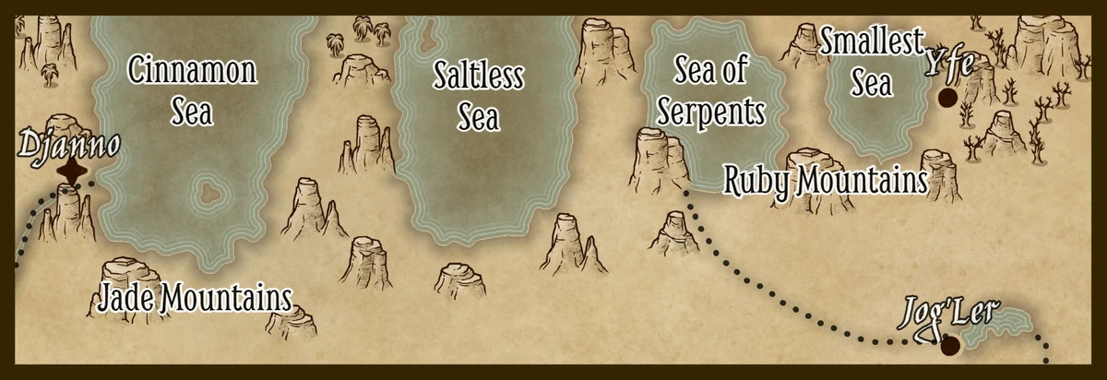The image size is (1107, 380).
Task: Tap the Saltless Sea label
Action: coord(478,97)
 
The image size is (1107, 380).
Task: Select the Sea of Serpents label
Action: coord(719,90)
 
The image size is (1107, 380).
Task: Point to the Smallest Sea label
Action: coord(872,62)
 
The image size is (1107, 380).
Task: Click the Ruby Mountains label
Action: coord(825,180)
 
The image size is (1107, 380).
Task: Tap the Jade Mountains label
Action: coord(195,298)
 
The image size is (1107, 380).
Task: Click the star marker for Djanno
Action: coord(72,172)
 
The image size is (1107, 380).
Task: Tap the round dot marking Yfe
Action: coord(946,97)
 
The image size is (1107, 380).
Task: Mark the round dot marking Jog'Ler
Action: coord(949,346)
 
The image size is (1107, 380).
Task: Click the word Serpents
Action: coord(719,113)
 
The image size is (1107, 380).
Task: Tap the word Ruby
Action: coord(756,181)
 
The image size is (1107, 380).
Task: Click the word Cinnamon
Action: coord(192,70)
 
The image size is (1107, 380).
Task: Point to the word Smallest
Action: coord(872,42)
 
